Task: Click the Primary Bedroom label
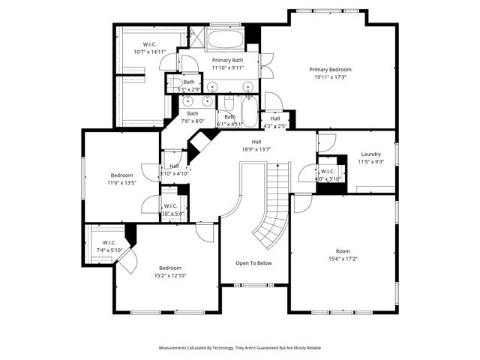point(330,69)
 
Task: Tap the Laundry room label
point(370,154)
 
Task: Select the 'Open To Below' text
point(253,263)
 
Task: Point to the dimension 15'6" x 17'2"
point(343,259)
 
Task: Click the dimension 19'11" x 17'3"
point(330,76)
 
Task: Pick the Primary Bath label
point(227,60)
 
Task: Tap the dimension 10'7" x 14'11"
point(150,52)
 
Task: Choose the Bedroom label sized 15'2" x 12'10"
point(169,268)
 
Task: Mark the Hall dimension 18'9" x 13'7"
point(256,148)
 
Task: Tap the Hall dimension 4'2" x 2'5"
point(275,125)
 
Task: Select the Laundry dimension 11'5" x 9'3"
point(370,161)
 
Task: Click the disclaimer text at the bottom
point(239,348)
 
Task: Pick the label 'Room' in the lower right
point(343,251)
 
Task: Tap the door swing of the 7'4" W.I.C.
point(127,262)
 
